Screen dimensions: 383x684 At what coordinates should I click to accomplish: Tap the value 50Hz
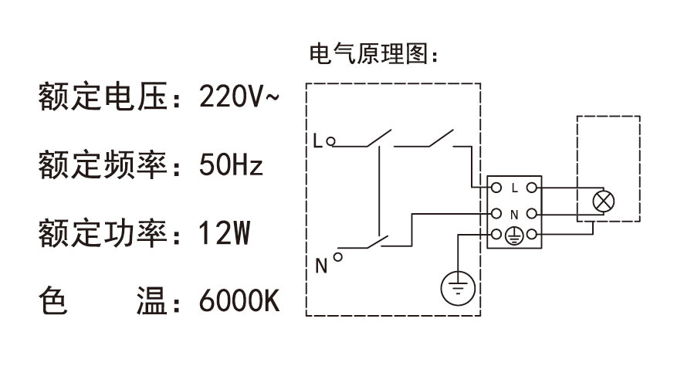(231, 164)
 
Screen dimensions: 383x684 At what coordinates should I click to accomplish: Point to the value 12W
(224, 232)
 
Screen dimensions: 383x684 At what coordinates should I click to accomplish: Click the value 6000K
(239, 300)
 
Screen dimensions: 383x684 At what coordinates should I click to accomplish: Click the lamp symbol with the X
(602, 202)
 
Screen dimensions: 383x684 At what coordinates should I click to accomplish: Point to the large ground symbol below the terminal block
(459, 289)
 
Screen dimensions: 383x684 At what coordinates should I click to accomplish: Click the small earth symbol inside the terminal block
(514, 237)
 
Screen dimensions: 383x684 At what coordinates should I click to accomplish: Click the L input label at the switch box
(317, 141)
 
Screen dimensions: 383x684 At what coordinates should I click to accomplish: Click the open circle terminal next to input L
(330, 141)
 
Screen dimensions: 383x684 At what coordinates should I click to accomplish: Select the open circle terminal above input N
(338, 250)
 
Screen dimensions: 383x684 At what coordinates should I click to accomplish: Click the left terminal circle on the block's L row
(496, 188)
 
